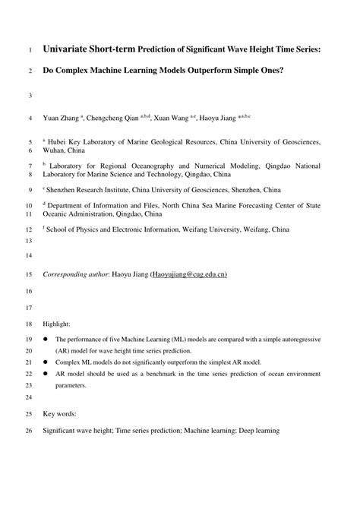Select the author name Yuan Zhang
pos(62,119)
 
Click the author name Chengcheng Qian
pos(113,119)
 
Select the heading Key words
pos(60,415)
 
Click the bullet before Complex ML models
pos(46,362)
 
